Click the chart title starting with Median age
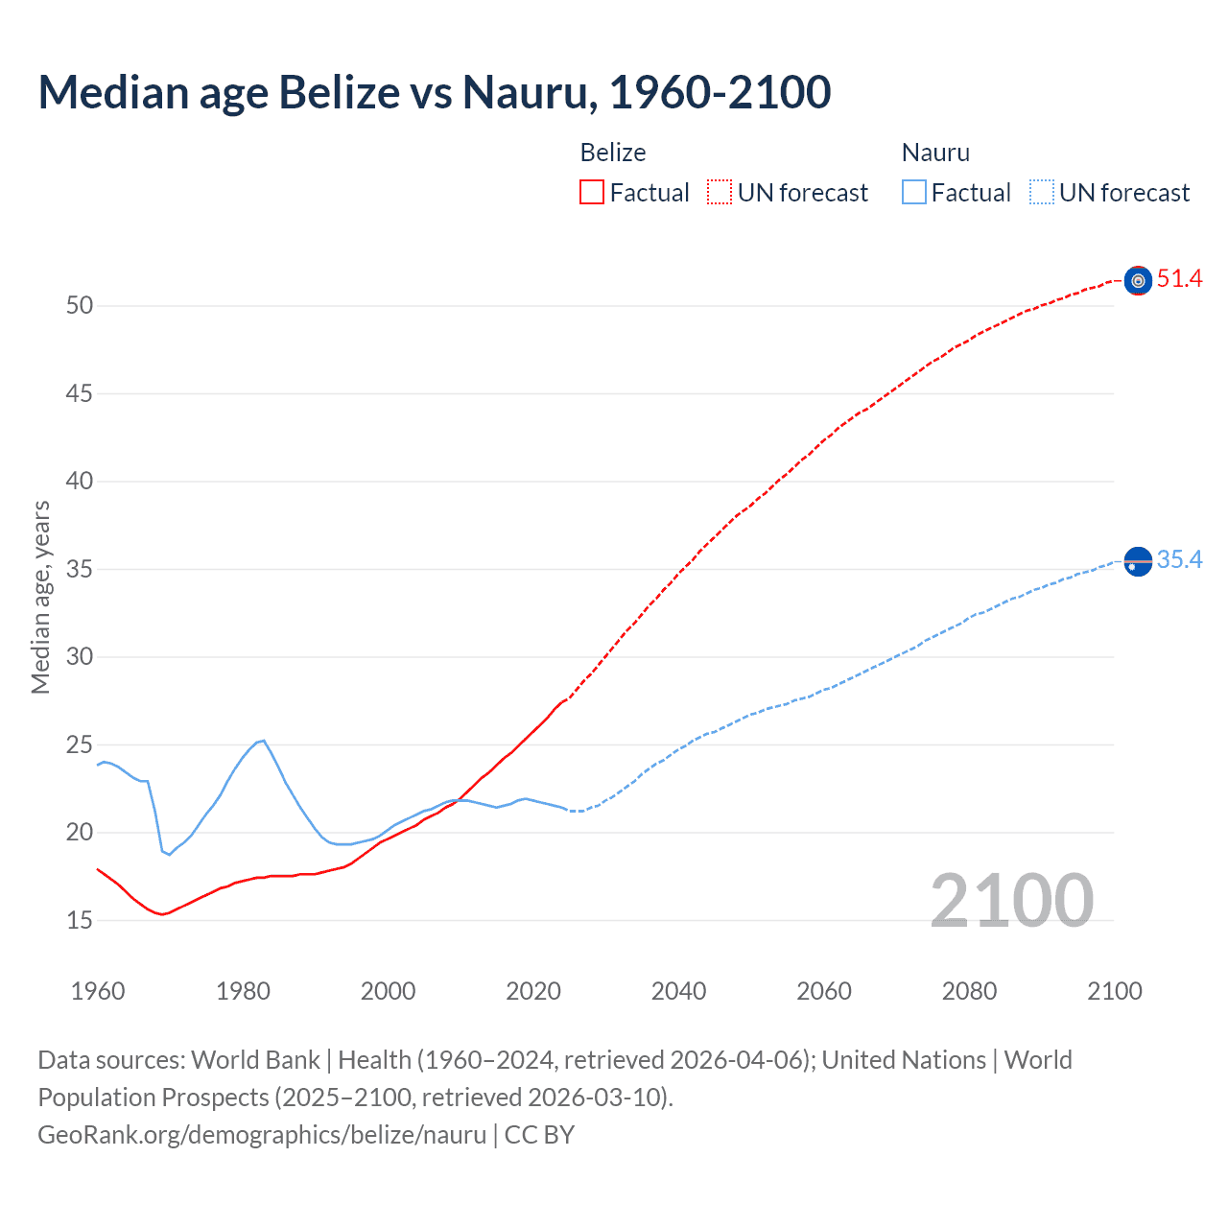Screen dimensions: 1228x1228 pos(434,92)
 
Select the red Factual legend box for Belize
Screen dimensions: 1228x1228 pos(592,193)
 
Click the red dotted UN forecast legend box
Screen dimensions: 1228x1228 pos(720,193)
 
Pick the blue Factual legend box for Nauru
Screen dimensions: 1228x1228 pos(913,193)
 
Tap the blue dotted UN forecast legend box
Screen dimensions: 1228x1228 pos(1041,193)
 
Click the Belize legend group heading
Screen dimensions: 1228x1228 pos(613,153)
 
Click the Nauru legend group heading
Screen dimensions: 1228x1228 pos(935,153)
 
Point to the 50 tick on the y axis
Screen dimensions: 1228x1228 pos(80,306)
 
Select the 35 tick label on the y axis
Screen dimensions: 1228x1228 pos(80,569)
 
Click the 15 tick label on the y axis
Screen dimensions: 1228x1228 pos(80,920)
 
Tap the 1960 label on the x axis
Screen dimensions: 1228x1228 pos(98,991)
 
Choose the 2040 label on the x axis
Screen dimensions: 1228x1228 pos(678,991)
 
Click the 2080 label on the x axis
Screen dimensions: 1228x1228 pos(969,991)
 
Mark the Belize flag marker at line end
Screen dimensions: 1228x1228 pos(1138,280)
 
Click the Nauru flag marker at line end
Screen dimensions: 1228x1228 pos(1138,561)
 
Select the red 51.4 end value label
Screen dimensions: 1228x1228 pos(1179,279)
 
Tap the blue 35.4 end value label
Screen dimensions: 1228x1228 pos(1179,560)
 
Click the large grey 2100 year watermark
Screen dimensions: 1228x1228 pos(1011,900)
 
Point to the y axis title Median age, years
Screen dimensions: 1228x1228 pos(40,597)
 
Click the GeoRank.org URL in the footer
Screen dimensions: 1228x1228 pos(262,1135)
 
